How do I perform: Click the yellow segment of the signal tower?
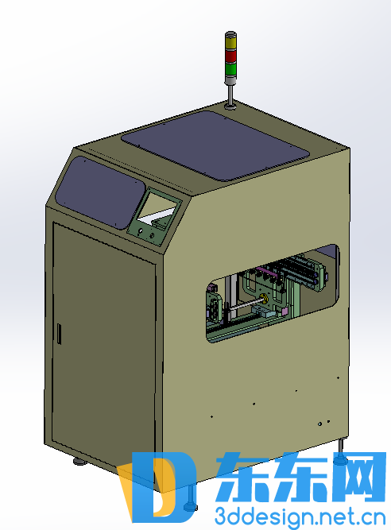click(230, 43)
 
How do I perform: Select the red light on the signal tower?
click(230, 56)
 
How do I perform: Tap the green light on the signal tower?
click(230, 68)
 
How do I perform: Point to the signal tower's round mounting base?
click(230, 106)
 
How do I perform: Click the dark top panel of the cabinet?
click(215, 145)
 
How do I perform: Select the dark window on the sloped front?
click(100, 192)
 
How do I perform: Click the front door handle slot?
click(59, 334)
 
